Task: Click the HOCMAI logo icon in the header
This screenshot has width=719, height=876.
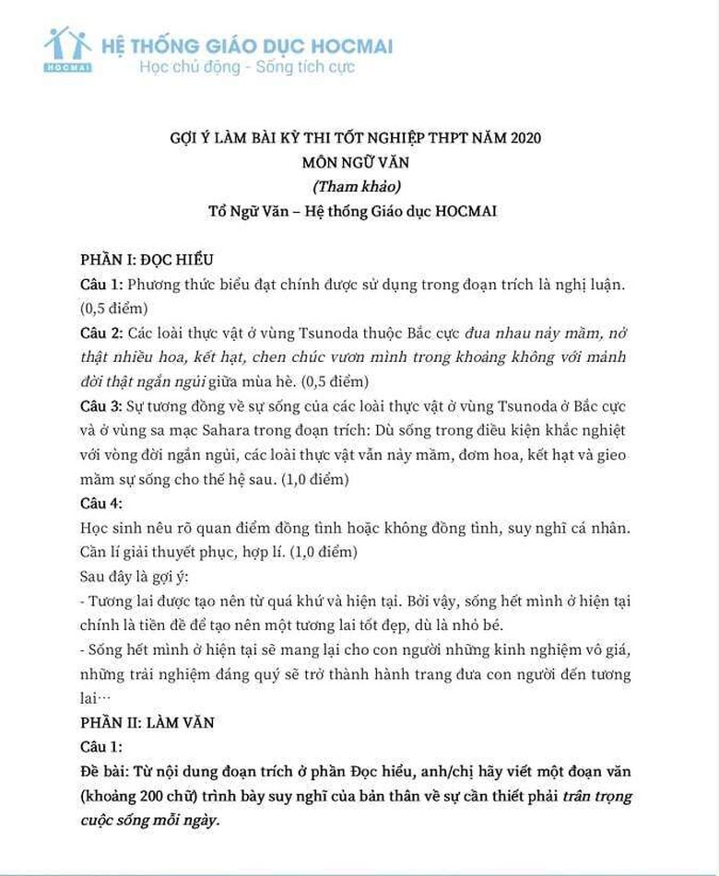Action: (x=67, y=49)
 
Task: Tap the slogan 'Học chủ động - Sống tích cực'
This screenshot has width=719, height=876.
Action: (x=246, y=66)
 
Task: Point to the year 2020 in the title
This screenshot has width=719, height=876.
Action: (x=524, y=138)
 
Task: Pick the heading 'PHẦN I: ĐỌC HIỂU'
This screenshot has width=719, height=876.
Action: (x=147, y=260)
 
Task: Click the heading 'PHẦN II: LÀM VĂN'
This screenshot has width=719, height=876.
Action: (x=147, y=722)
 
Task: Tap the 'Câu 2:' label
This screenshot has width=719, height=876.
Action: (x=100, y=332)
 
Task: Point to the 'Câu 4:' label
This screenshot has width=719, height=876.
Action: (x=100, y=504)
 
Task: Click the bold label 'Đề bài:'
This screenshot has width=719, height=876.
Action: (x=102, y=771)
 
